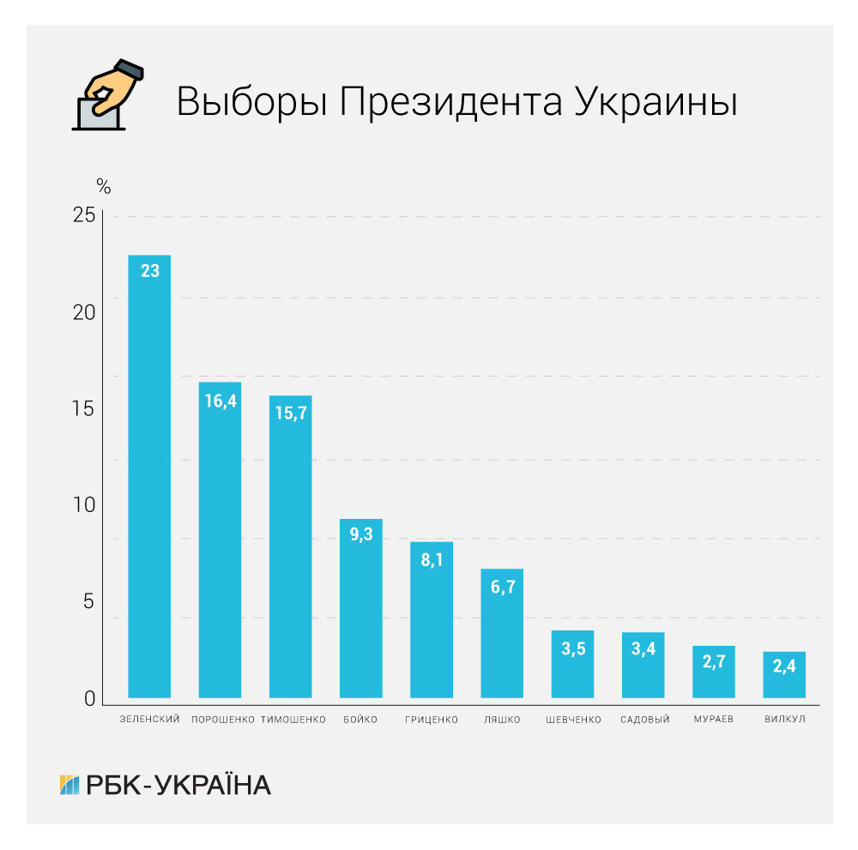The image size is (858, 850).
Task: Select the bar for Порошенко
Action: pos(220,540)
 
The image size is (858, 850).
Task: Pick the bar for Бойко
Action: pos(361,608)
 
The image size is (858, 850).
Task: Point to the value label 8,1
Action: pos(432,561)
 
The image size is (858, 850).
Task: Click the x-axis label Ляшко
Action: pos(502,720)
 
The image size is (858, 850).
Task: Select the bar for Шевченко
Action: pos(572,664)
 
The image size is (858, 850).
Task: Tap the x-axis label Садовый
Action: pos(644,720)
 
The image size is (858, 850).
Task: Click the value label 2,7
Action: pos(713,663)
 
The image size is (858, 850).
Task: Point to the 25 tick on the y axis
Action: pos(84,215)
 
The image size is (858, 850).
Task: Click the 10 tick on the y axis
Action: pos(84,505)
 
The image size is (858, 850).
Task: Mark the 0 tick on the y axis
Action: pos(90,699)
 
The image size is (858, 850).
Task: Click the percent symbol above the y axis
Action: pos(103,185)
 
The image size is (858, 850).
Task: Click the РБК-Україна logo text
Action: pos(178,784)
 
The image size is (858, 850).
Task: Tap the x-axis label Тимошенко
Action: pos(293,720)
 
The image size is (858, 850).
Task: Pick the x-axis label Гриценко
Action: pos(432,720)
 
